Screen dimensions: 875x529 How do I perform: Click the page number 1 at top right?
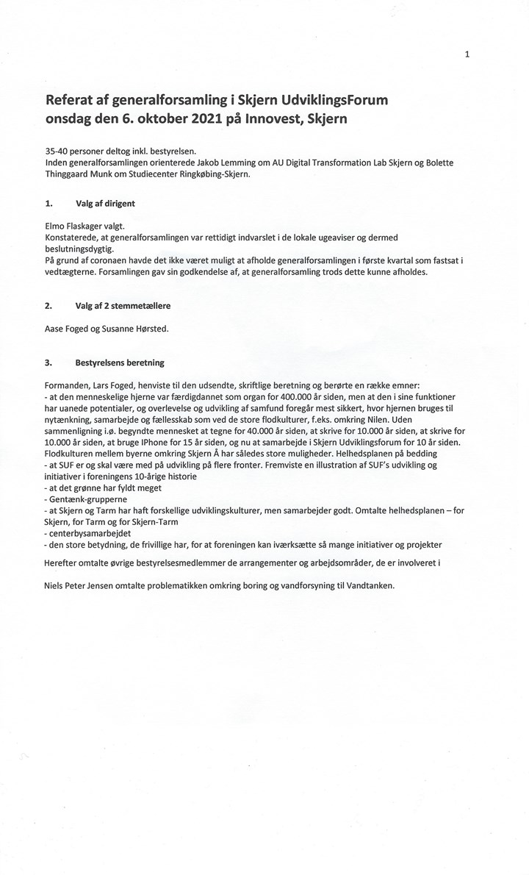click(467, 54)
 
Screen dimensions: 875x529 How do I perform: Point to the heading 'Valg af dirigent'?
click(104, 204)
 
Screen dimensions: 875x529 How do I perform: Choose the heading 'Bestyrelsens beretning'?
click(119, 362)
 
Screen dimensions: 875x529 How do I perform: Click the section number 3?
click(48, 362)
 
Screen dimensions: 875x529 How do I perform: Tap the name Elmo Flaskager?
click(76, 229)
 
